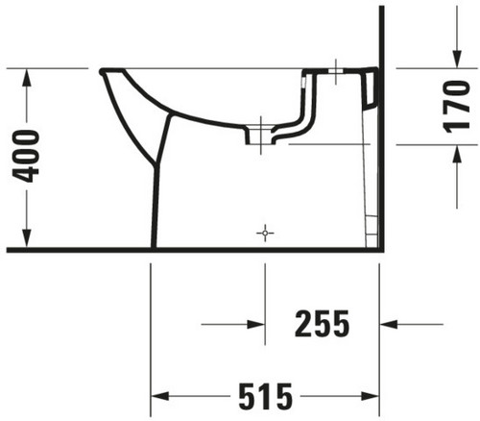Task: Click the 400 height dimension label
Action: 26,156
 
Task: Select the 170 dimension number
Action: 457,107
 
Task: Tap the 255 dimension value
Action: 322,324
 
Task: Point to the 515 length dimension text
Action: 266,396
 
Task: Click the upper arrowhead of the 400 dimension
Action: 27,77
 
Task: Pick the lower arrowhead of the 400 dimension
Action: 27,238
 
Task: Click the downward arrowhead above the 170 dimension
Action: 457,60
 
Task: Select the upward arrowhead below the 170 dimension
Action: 457,154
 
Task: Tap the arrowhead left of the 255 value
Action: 256,324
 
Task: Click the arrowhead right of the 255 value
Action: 389,324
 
